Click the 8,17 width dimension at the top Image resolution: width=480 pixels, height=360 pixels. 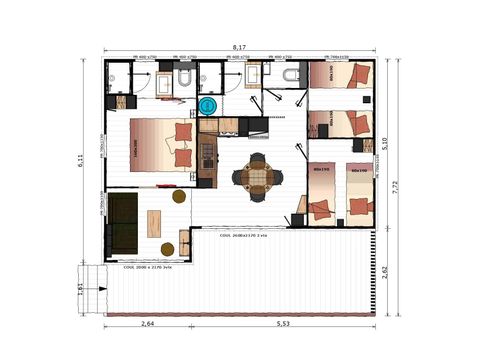239,48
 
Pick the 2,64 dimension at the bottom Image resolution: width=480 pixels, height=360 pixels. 147,325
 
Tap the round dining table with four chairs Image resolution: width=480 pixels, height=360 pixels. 258,177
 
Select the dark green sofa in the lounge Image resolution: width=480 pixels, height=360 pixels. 123,222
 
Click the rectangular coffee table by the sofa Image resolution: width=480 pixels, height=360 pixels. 157,221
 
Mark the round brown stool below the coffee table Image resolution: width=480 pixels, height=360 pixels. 167,248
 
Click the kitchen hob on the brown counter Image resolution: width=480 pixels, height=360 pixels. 207,153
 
